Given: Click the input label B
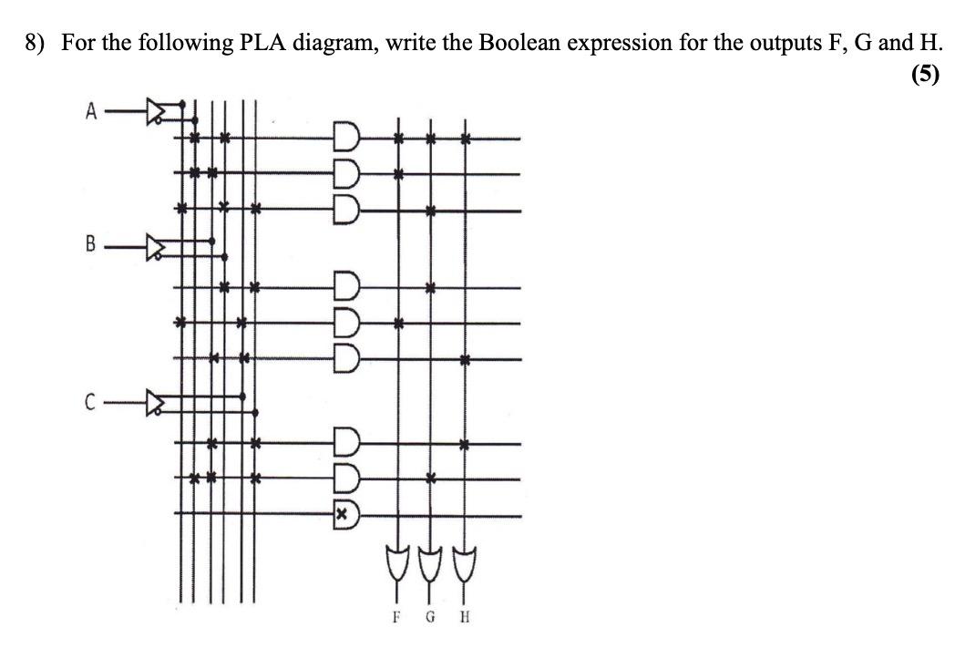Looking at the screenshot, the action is click(89, 244).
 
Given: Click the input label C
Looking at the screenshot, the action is click(89, 399).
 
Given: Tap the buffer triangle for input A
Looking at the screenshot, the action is click(159, 112).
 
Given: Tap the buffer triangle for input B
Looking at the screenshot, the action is click(159, 244).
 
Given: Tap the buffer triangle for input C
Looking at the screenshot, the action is click(159, 399).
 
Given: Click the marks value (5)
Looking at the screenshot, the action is click(924, 76).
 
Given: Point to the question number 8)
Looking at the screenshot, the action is click(36, 43).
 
